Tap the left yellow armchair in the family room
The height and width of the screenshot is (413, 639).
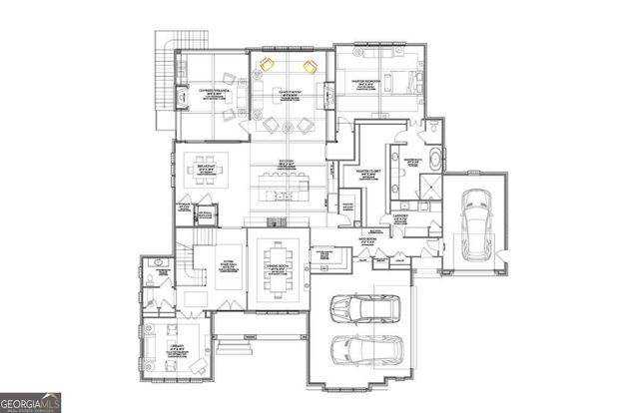click(x=267, y=66)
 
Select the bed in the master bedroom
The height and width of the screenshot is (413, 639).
click(x=390, y=79)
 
